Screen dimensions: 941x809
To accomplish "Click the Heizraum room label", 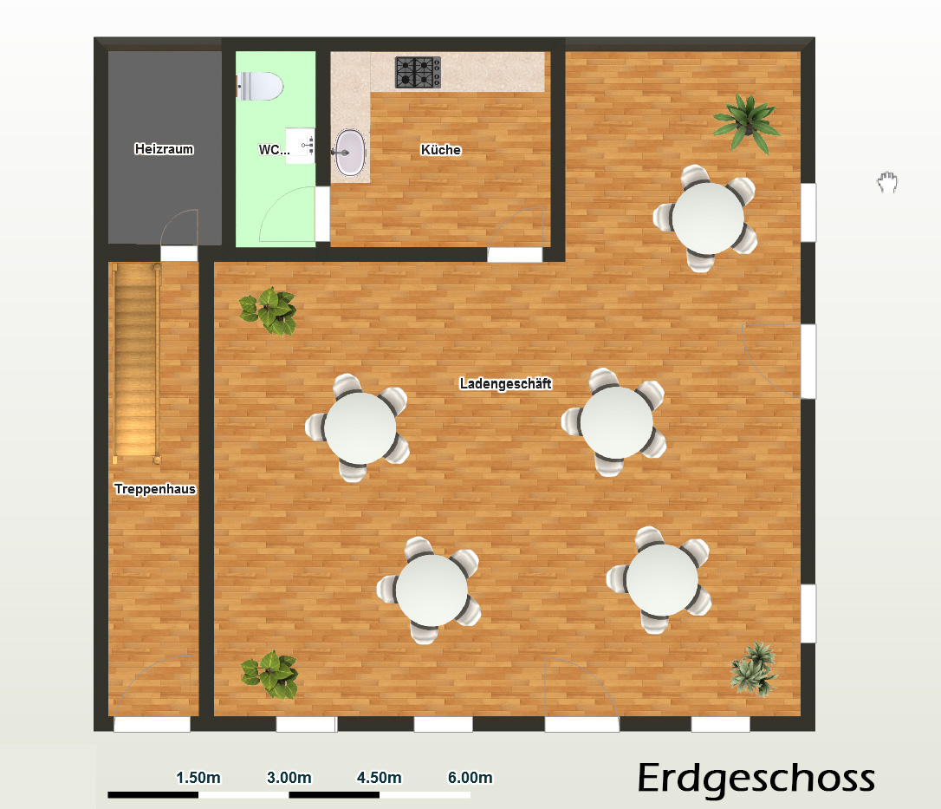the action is (x=164, y=149).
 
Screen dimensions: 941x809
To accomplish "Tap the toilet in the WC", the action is (x=260, y=86).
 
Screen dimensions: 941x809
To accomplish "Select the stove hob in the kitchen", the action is (x=418, y=72).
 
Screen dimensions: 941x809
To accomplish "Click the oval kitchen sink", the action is (x=349, y=153).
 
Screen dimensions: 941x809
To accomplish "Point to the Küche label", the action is (x=440, y=149).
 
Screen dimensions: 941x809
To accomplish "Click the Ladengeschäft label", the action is (x=505, y=383).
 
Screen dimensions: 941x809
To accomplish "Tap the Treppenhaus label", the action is (x=155, y=489).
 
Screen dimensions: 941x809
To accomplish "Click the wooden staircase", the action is (x=136, y=363).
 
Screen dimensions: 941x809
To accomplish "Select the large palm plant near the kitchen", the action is (x=747, y=122).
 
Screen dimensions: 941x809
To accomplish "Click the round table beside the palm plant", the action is (x=708, y=219).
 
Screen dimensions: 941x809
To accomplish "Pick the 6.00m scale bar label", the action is (x=470, y=778).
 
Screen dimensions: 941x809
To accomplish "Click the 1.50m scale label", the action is (x=198, y=778).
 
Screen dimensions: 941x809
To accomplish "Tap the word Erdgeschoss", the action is (x=756, y=779).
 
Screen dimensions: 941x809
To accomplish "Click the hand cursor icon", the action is (x=887, y=182).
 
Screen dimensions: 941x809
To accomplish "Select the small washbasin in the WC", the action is (x=300, y=145).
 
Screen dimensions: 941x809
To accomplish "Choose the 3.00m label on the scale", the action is (x=289, y=778).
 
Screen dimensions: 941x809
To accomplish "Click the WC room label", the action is (x=274, y=149).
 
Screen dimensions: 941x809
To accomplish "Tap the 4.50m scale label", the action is (x=380, y=778).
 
